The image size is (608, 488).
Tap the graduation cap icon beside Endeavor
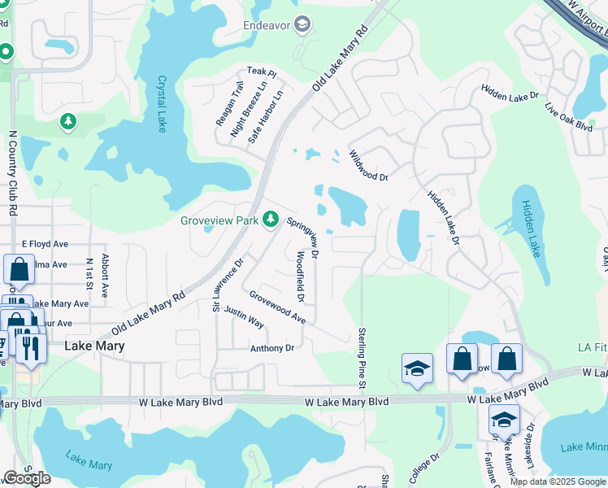coord(302,26)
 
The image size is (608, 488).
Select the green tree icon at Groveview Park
coord(271,220)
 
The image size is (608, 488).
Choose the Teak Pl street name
coord(262,72)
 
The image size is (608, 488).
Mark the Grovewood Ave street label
coord(277,307)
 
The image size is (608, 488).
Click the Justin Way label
coord(244,316)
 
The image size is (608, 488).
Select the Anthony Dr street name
coord(271,348)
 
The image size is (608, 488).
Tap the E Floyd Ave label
coord(45,243)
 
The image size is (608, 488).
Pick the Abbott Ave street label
coord(105,277)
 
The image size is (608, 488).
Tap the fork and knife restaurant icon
coord(30,347)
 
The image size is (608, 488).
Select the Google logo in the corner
coord(27,477)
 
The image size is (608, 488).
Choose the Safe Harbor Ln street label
coord(265,117)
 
